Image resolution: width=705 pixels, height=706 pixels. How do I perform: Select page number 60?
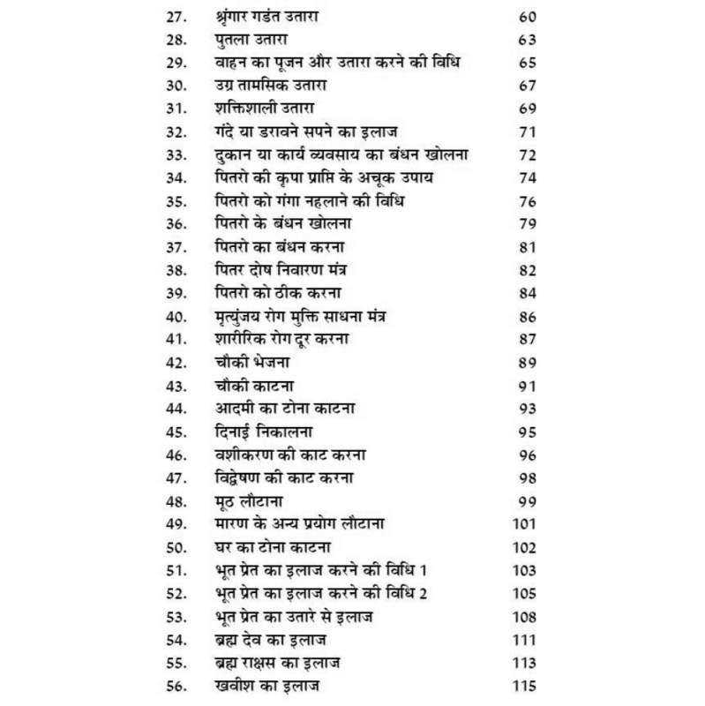[529, 17]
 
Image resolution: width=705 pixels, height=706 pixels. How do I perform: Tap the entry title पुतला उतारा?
[259, 40]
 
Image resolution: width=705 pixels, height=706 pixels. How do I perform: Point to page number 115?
[526, 685]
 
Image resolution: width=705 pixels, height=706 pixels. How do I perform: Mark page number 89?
[529, 362]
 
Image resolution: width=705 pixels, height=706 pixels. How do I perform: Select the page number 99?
[529, 500]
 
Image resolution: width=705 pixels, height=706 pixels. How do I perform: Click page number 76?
[529, 201]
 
